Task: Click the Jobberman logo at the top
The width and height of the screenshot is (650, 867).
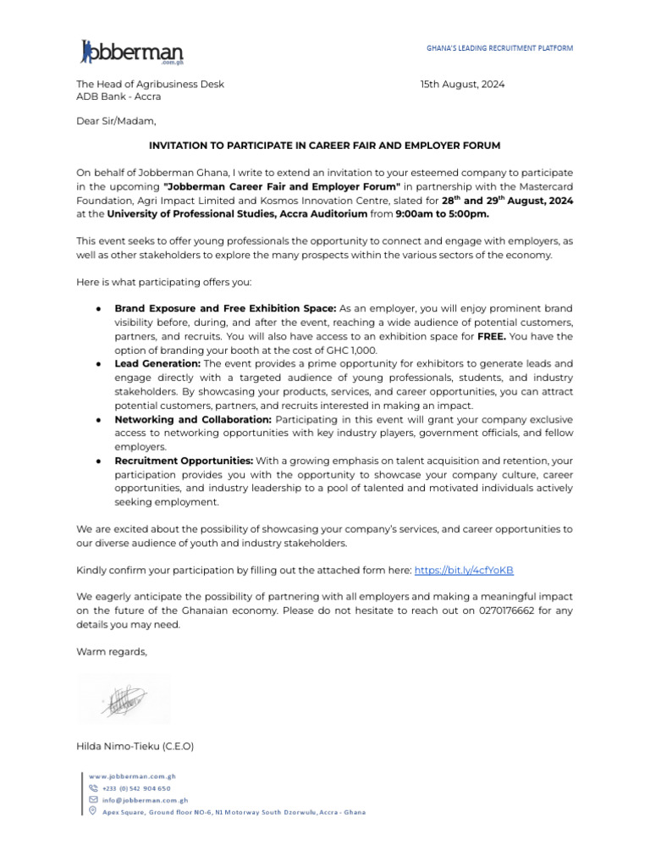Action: tap(132, 52)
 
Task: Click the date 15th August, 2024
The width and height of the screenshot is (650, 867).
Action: tap(462, 84)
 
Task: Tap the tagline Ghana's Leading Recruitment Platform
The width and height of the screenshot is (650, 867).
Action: tap(499, 48)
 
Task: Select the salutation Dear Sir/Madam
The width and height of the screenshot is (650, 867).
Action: tap(116, 121)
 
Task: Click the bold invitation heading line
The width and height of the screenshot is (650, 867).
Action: tap(324, 146)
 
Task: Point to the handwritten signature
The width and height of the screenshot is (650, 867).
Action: tap(124, 699)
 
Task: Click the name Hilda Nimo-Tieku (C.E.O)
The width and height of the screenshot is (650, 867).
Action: tap(135, 746)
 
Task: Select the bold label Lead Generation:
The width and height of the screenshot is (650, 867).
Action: tap(157, 362)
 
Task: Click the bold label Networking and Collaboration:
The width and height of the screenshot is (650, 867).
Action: tap(193, 420)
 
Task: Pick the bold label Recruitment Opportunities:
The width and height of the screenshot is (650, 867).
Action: tap(184, 461)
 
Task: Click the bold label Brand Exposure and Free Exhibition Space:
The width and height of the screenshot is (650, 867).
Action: tap(225, 308)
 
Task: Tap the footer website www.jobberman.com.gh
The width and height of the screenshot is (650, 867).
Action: tap(139, 776)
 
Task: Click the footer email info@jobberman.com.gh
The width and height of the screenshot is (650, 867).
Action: tap(145, 799)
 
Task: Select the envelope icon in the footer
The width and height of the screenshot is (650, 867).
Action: tap(93, 799)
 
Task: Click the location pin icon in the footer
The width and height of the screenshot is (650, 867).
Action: tap(93, 811)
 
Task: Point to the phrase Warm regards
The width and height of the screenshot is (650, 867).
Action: tap(112, 651)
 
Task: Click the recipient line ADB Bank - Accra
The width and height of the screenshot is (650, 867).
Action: tap(118, 97)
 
